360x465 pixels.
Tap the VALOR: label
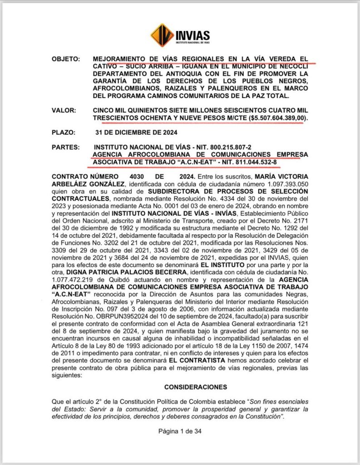[x=64, y=110]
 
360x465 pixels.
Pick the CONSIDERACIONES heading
[x=180, y=387]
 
